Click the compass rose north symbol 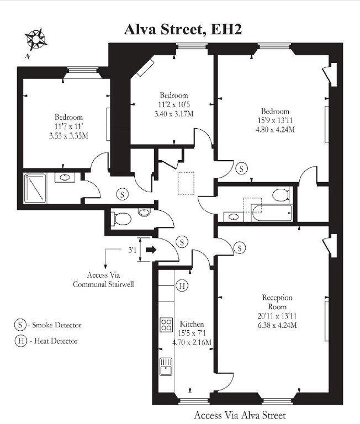point(36,40)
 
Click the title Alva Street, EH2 point(183,29)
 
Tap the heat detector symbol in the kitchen point(182,285)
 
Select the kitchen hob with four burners point(166,325)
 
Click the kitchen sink point(166,367)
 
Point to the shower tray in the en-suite point(35,188)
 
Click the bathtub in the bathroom point(272,213)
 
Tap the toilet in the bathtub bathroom point(280,195)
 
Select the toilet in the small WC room point(121,219)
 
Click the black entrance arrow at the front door point(151,250)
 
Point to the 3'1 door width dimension point(133,250)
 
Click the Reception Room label point(277,302)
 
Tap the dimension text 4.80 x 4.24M point(275,130)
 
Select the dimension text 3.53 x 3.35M point(68,135)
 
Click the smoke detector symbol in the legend point(20,325)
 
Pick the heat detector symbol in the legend point(21,341)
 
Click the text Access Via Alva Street point(240,415)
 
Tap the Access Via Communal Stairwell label point(104,279)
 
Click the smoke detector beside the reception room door point(240,248)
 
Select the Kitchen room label point(192,324)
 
